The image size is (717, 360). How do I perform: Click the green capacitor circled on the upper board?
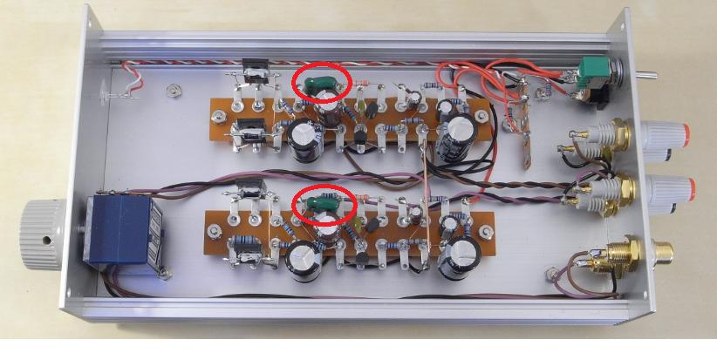click(318, 85)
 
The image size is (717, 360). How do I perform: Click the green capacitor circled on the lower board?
click(320, 207)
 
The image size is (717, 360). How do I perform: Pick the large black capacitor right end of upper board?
click(457, 139)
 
